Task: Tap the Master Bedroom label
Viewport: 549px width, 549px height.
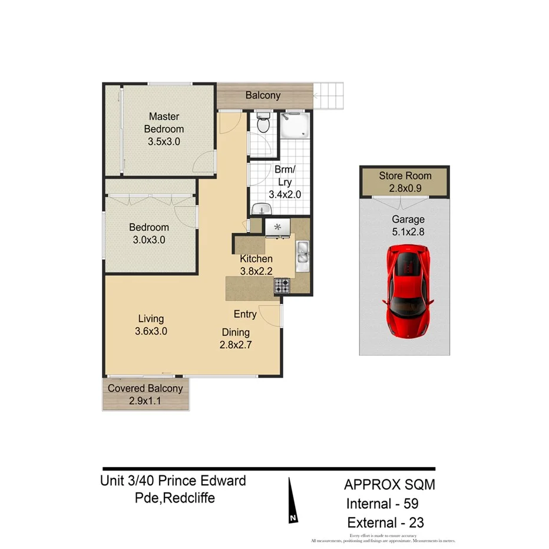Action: click(164, 123)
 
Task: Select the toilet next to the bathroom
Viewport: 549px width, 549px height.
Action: click(263, 123)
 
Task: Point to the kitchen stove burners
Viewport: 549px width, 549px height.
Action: click(282, 286)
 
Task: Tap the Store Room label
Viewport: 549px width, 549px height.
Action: click(405, 176)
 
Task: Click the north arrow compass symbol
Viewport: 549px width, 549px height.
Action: click(292, 500)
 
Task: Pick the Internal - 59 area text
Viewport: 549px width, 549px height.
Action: click(382, 504)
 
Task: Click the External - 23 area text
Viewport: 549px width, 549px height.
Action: click(385, 522)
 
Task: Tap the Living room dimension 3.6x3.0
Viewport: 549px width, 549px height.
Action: click(151, 331)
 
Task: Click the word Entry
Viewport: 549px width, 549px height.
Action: click(245, 313)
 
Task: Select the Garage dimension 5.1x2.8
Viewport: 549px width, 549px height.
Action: click(408, 231)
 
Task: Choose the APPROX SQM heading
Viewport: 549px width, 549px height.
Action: click(389, 485)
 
